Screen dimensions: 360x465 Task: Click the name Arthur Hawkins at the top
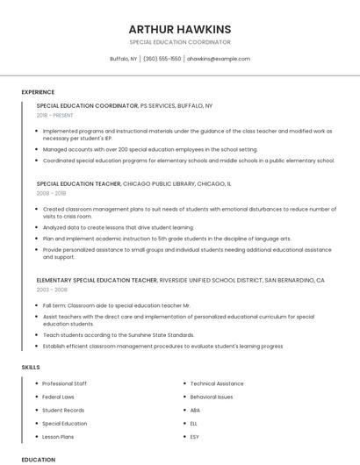(180, 29)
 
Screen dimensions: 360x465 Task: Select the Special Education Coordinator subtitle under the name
(180, 42)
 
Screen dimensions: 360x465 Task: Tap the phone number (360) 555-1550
(162, 59)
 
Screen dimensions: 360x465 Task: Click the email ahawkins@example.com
(219, 59)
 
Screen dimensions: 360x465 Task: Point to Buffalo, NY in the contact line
(123, 59)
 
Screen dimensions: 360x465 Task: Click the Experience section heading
(38, 92)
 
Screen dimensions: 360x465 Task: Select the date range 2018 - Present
(55, 115)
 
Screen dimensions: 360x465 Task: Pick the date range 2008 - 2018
(51, 193)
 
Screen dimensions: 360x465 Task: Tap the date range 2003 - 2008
(51, 289)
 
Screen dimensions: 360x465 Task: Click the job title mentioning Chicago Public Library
(133, 184)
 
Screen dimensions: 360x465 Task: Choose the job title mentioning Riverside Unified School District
(180, 280)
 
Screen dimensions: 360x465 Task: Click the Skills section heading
(31, 366)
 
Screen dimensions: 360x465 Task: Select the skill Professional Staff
(64, 383)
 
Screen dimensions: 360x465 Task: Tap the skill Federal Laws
(58, 397)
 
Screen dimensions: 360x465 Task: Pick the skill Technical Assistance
(217, 383)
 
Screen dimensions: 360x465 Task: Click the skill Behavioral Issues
(212, 397)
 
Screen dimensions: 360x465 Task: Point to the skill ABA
(195, 410)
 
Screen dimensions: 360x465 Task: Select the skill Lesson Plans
(58, 436)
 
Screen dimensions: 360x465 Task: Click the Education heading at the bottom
(38, 459)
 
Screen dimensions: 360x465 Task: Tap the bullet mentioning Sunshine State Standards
(118, 334)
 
